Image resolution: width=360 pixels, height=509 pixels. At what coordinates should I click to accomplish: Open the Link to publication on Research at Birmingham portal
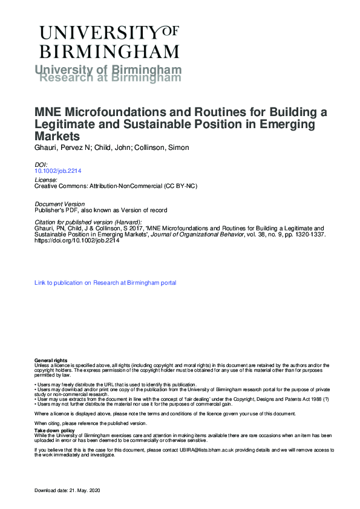(105, 282)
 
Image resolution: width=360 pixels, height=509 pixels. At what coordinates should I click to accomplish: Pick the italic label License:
(46, 180)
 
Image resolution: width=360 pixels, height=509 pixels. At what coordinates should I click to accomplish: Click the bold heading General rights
(51, 360)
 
